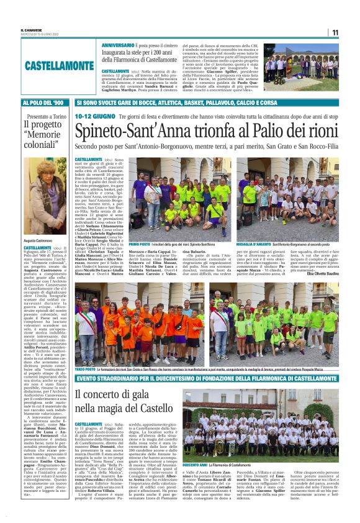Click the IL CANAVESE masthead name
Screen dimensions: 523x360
(32, 29)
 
